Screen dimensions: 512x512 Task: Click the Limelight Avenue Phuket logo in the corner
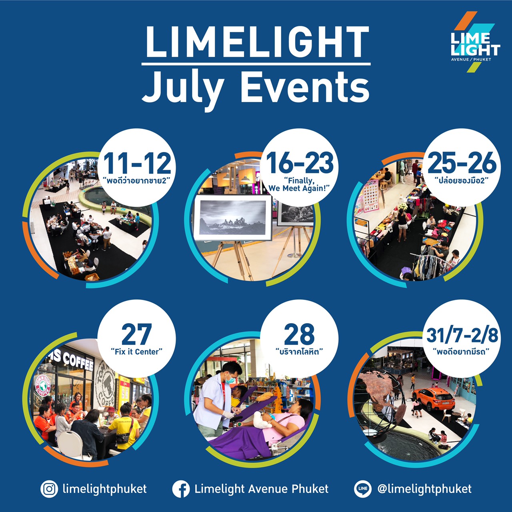[474, 42]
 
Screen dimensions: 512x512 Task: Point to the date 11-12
[137, 164]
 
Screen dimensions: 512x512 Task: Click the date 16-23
[300, 164]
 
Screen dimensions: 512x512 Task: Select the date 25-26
[462, 164]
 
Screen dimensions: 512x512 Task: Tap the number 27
[137, 334]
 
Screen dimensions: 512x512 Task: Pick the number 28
[299, 334]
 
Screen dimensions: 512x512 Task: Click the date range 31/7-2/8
[462, 335]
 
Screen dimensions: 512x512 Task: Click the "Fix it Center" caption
[136, 352]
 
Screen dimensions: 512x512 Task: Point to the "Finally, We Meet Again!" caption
[299, 184]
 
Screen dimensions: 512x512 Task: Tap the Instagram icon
[49, 489]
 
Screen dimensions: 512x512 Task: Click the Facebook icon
[181, 489]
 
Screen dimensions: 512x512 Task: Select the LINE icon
[363, 489]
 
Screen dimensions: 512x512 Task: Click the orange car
[434, 399]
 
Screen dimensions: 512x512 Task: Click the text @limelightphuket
[424, 489]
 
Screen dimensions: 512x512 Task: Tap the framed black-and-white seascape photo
[233, 218]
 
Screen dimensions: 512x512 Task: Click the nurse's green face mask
[230, 380]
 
